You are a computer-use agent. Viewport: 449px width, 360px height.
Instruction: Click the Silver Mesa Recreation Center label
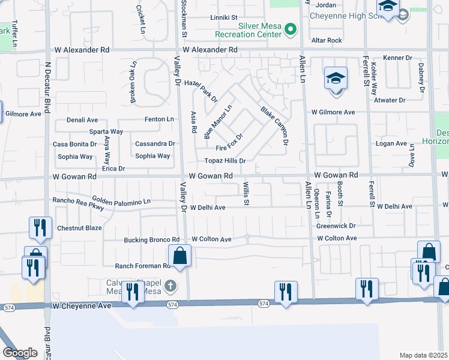[259, 30]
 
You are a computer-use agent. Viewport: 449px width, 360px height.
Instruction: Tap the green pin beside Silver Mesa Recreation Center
[291, 28]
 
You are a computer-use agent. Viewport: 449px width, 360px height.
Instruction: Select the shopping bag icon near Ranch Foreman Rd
[179, 256]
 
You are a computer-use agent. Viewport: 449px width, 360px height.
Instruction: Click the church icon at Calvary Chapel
[171, 285]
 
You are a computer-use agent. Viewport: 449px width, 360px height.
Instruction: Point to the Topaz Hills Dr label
[225, 161]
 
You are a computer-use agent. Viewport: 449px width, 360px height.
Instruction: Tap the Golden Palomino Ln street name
[121, 200]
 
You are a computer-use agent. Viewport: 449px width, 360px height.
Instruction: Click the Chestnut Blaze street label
[79, 228]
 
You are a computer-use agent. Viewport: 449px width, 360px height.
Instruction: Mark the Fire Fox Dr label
[229, 143]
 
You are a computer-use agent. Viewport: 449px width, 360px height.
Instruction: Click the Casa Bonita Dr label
[75, 144]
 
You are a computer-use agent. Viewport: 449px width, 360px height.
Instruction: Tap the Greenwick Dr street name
[336, 226]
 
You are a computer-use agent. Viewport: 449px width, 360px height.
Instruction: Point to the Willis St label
[246, 194]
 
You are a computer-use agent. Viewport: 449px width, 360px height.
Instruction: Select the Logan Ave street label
[391, 143]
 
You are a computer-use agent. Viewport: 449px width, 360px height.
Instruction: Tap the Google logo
[20, 352]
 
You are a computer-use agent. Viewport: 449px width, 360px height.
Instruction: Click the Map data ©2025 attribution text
[424, 355]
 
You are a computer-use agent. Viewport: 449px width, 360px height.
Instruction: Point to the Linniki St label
[224, 18]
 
